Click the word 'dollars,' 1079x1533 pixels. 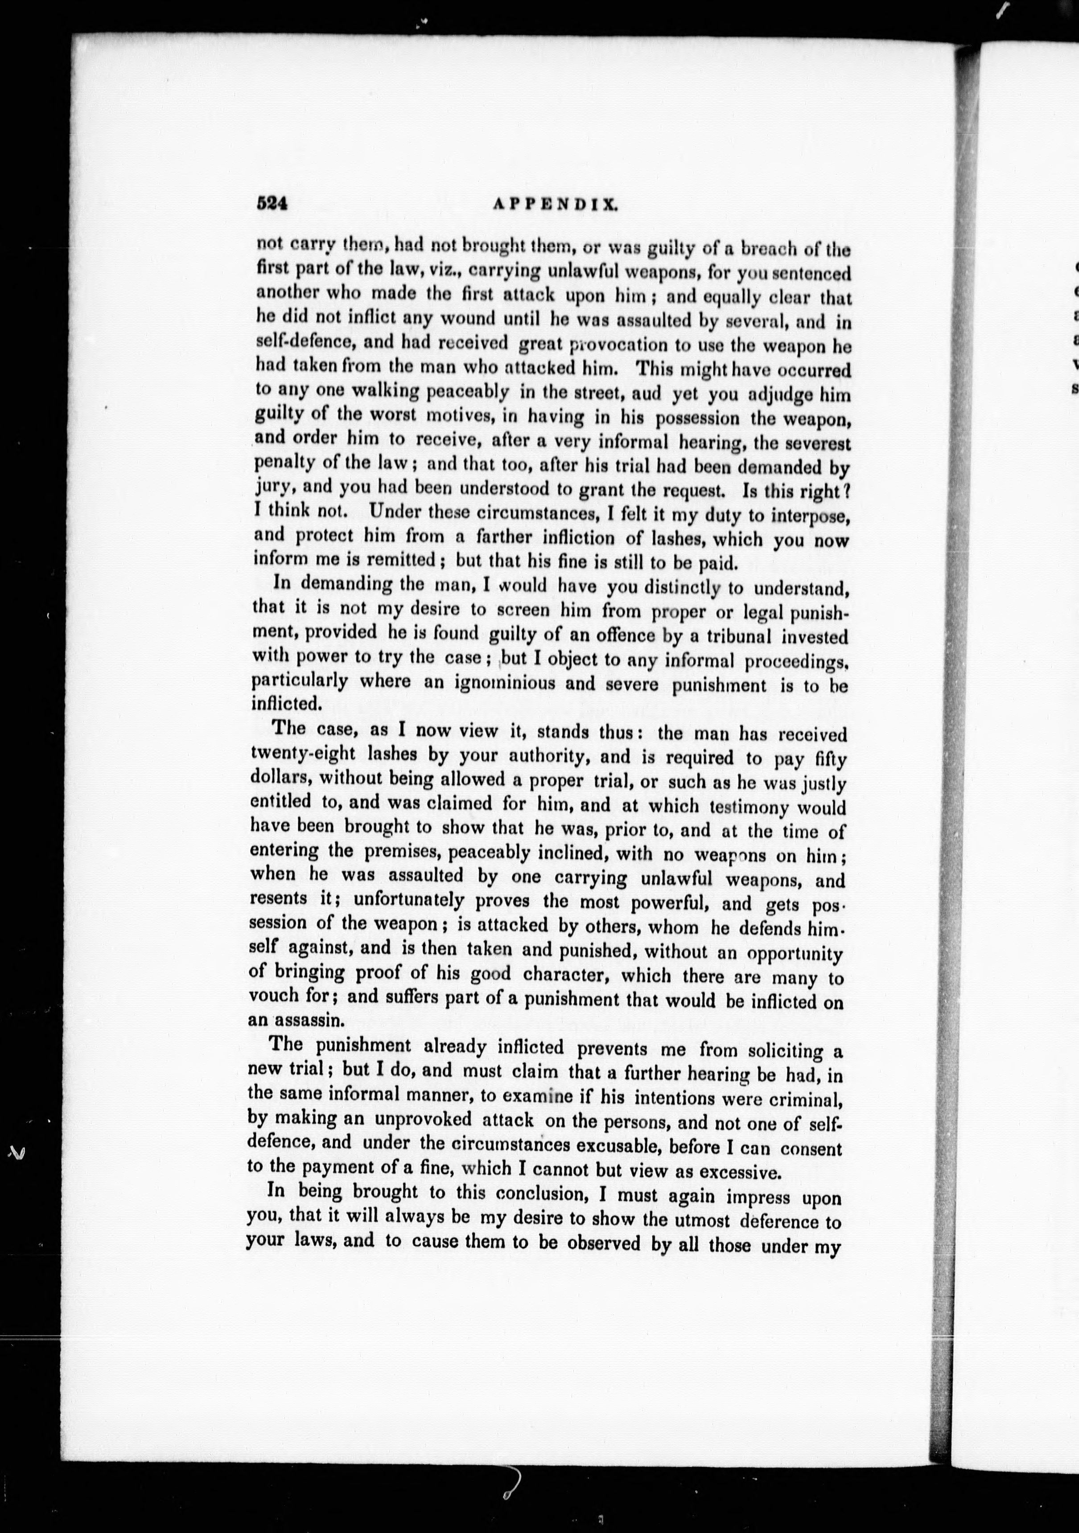point(280,778)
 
